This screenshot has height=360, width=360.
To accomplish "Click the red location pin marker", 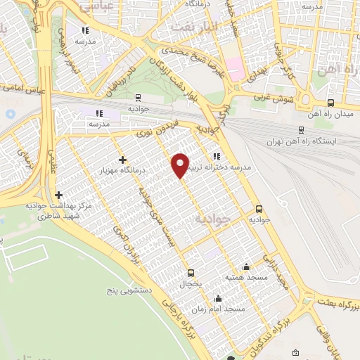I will coord(181,165).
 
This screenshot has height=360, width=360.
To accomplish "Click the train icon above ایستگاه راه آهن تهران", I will coord(302,129).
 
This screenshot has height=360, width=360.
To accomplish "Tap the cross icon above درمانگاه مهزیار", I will coord(123,160).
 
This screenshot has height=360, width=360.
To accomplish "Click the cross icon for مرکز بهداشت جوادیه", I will coord(58,195).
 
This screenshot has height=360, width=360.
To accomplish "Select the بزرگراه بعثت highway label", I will coord(338,303).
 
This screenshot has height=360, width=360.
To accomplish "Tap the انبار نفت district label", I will coord(195,28).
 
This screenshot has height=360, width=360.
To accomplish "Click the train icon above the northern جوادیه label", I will coord(137,98).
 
